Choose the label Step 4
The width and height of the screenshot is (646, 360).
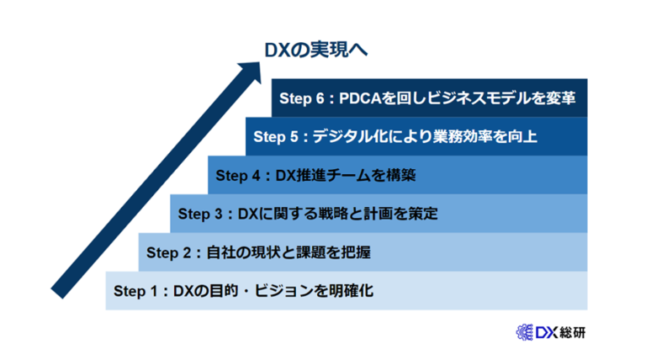tap(238, 176)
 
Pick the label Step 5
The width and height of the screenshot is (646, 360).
tap(275, 135)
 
